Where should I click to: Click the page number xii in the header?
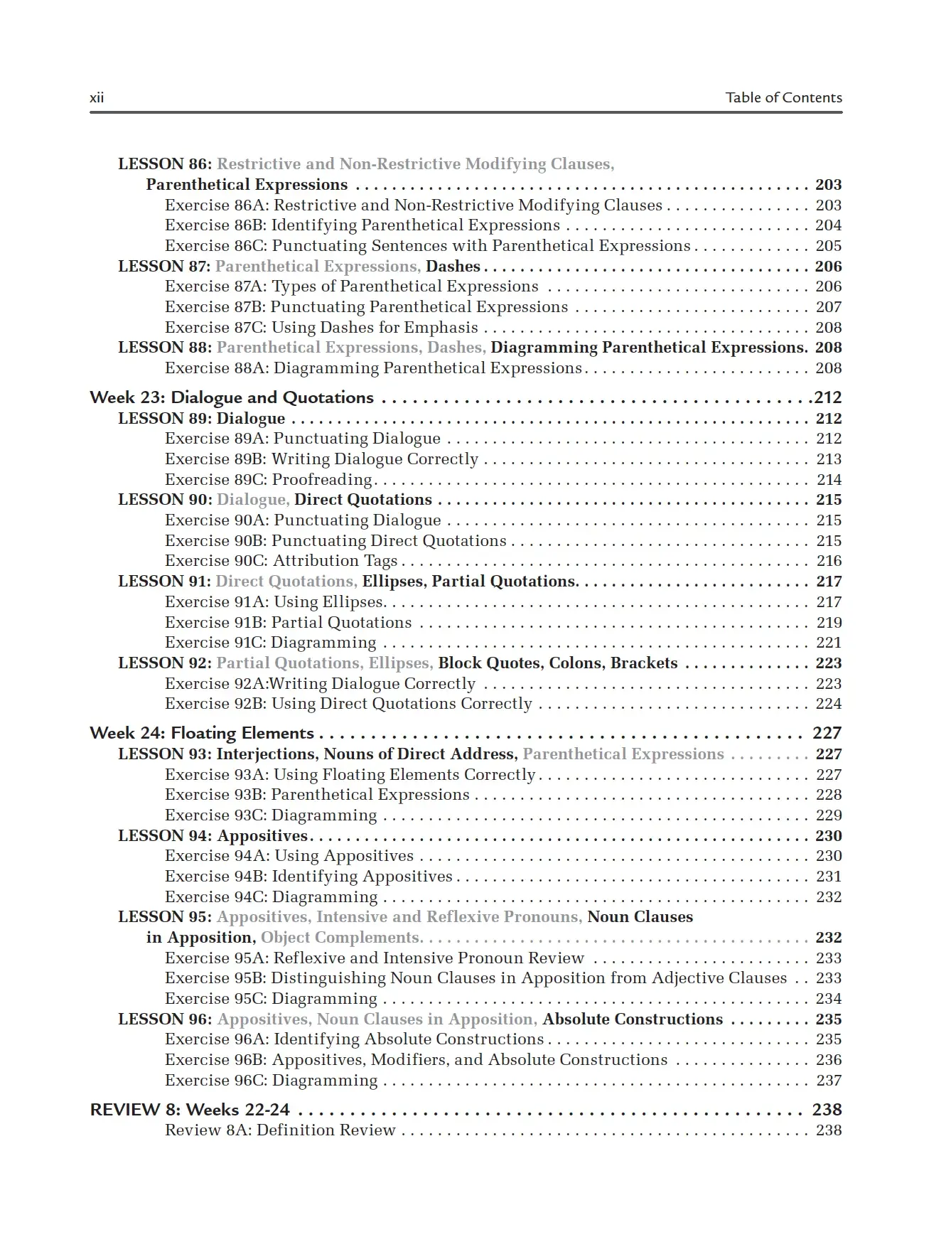coord(97,98)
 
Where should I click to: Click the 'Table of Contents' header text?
coord(783,98)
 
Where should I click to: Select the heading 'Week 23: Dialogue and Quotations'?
coord(232,397)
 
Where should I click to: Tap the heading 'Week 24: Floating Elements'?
coord(202,733)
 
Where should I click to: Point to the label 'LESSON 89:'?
coord(165,419)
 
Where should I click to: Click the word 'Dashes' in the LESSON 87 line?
coord(453,267)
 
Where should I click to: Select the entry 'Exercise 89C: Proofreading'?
coord(269,480)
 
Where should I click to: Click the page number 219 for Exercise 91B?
coord(829,623)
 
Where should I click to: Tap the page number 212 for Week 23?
coord(827,397)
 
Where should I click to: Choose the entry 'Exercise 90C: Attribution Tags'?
coord(281,561)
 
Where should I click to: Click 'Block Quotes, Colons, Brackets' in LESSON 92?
coord(558,663)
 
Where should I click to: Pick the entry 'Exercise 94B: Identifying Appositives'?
coord(308,877)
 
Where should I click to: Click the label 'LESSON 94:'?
coord(165,836)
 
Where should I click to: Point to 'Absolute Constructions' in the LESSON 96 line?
coord(633,1019)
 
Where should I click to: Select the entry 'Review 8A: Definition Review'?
coord(280,1130)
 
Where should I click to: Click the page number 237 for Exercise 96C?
coord(829,1081)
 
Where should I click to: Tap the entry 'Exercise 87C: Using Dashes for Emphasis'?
coord(321,328)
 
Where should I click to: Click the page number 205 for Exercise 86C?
coord(829,246)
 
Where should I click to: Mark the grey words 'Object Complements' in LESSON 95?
coord(340,938)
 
